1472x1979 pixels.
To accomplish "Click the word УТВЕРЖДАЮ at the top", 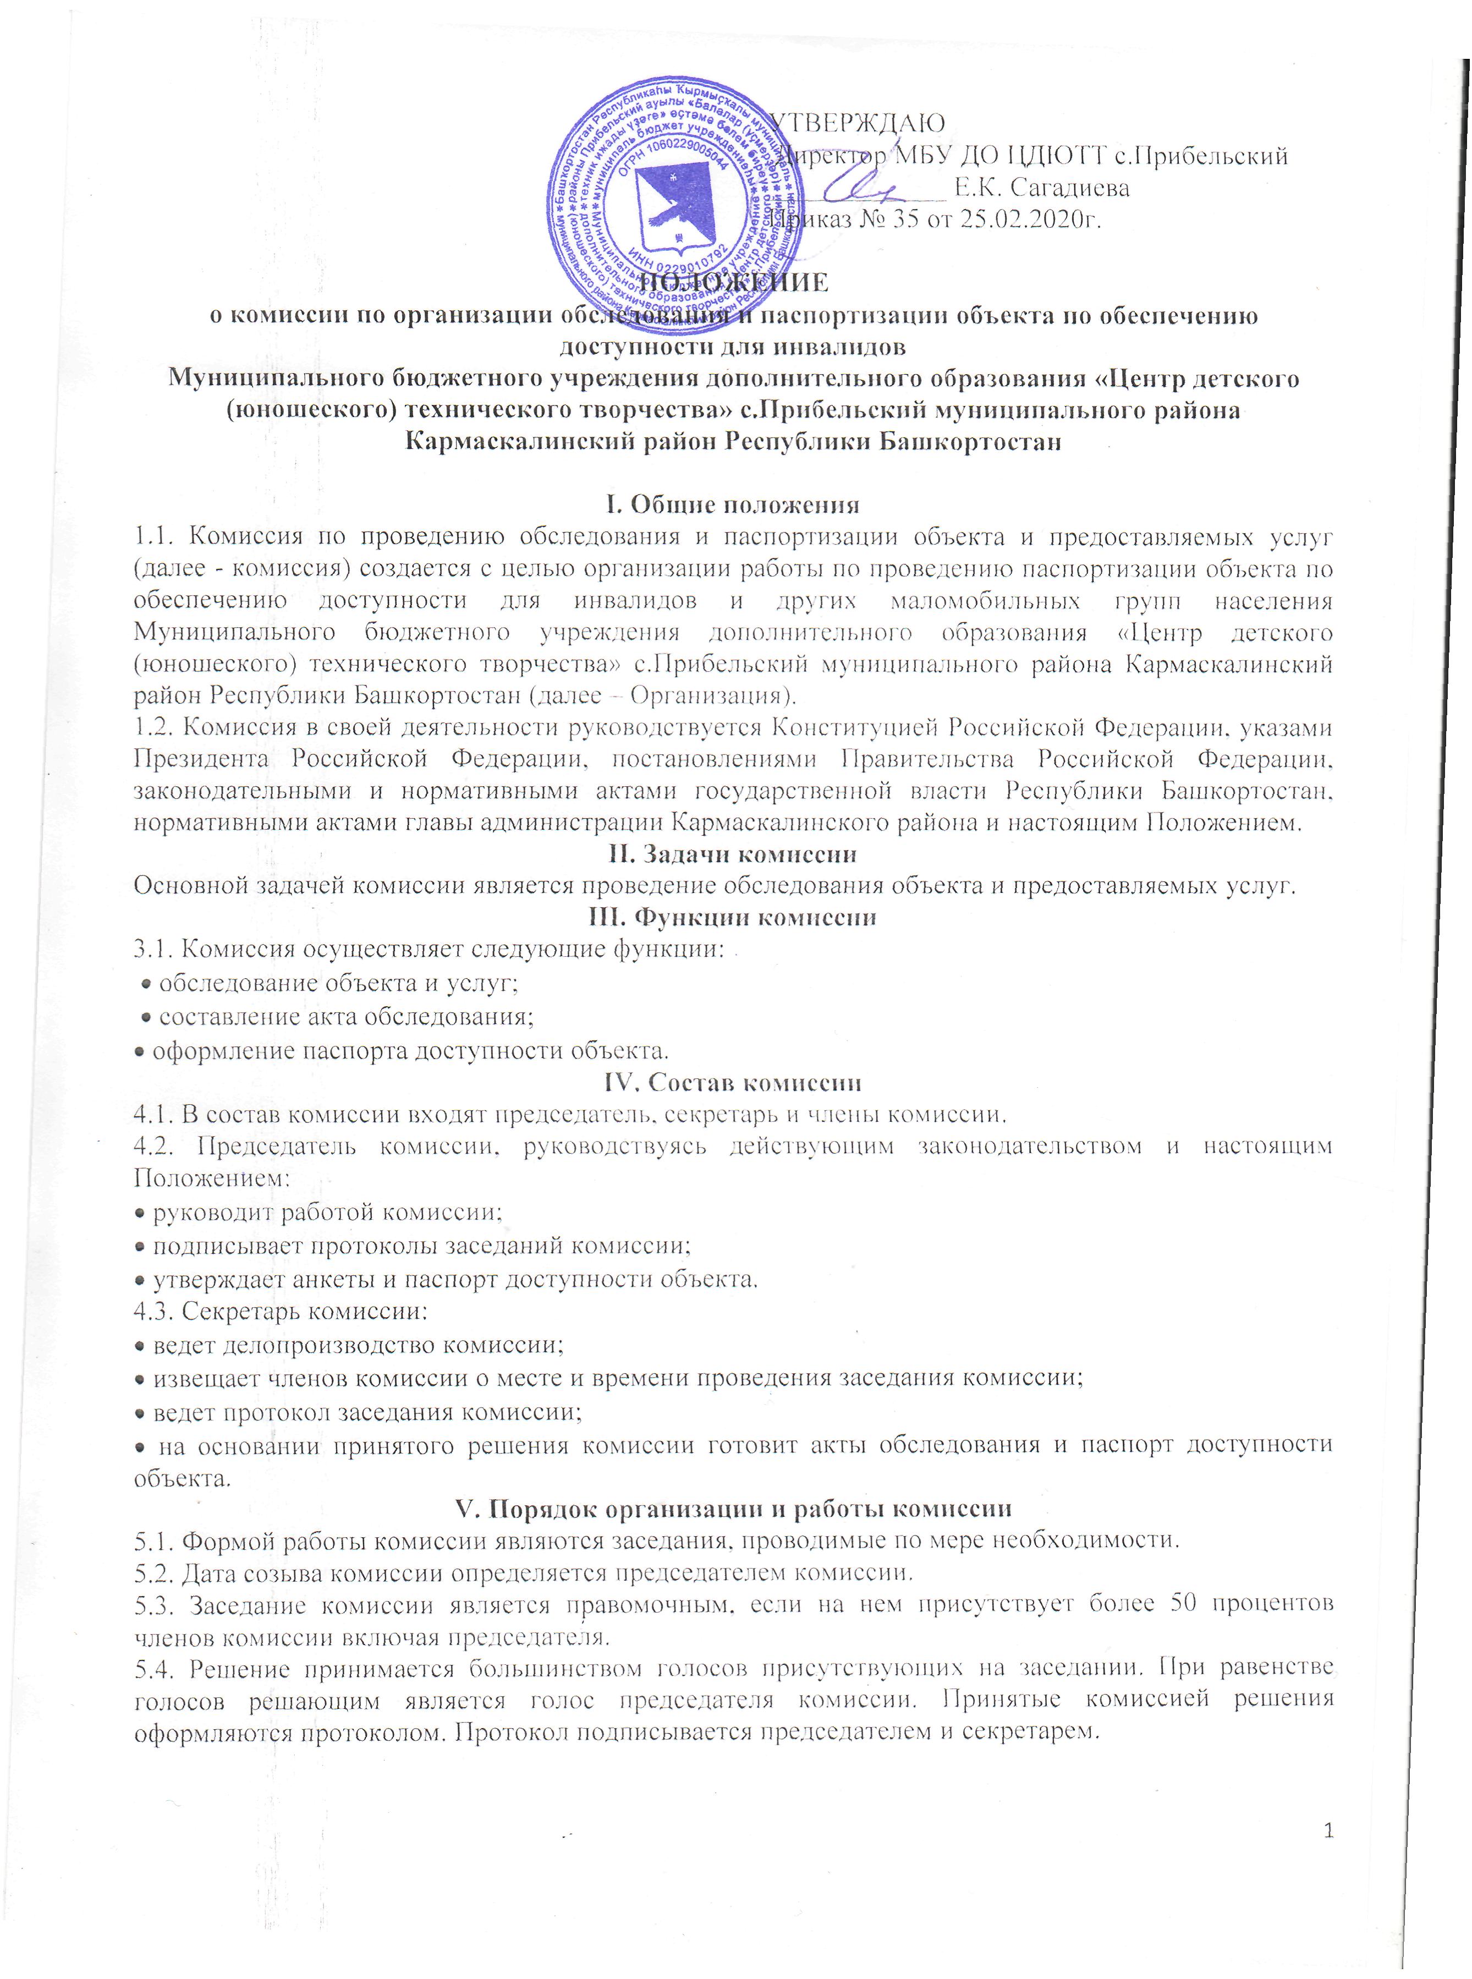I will tap(857, 122).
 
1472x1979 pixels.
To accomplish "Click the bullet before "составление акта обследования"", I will tap(147, 1017).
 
